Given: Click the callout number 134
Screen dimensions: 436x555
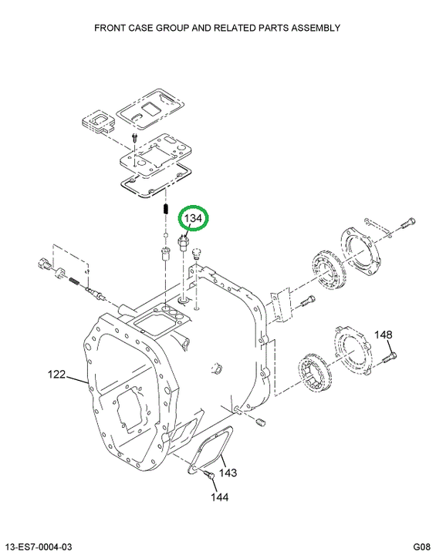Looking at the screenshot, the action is tap(193, 218).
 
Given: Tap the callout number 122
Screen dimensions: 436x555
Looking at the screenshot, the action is tap(56, 374).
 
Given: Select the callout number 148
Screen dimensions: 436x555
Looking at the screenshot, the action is tap(384, 335).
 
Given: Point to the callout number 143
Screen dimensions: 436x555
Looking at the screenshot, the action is tap(228, 473).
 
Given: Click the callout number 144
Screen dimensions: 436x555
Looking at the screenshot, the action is tap(220, 497).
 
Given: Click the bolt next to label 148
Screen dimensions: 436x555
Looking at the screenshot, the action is tap(389, 357).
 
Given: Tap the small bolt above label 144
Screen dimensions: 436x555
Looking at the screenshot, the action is tap(208, 475).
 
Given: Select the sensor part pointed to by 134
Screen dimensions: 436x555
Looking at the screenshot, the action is tap(184, 244).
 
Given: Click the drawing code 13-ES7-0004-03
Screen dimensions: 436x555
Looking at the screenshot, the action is tap(39, 547).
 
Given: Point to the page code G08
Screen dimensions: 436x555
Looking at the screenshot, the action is tap(421, 547).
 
